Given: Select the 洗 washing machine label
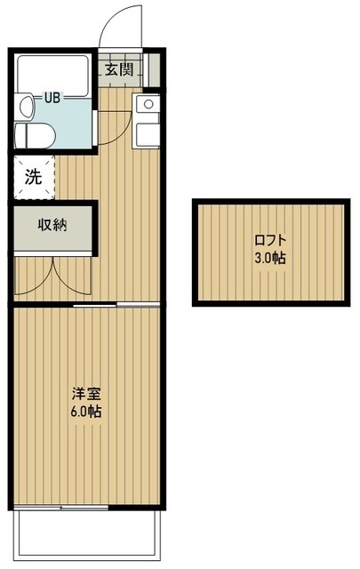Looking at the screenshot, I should (x=33, y=177).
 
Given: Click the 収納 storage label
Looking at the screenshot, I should (x=52, y=224).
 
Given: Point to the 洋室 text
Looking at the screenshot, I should (x=85, y=392).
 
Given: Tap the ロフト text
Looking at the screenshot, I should (x=270, y=239).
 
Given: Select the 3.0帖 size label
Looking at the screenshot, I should (x=270, y=259).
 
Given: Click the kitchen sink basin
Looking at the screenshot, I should (x=147, y=105).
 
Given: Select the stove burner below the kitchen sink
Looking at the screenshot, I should (x=147, y=134).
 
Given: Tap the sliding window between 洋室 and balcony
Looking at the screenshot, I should (x=62, y=508).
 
